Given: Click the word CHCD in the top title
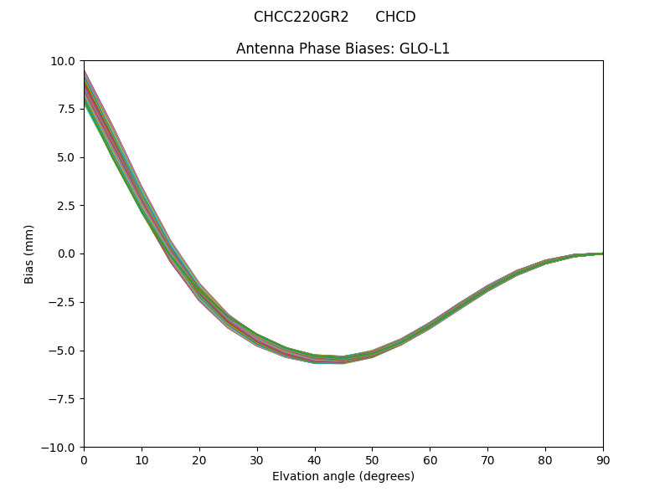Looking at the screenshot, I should coord(395,17).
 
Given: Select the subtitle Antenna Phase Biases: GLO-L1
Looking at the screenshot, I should coord(343,49).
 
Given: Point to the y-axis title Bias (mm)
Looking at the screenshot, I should coord(29,254).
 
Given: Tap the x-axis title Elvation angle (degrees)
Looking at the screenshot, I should coord(343,476).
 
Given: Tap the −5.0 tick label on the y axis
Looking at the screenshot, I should coord(63,351).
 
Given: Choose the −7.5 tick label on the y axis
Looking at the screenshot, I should coord(63,399).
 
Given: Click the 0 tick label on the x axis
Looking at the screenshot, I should coord(84,459).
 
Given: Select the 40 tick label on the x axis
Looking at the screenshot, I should coord(314,459).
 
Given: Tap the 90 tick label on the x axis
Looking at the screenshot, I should coord(602,459).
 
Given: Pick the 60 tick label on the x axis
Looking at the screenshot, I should coord(430,459).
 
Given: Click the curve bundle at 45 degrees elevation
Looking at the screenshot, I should coord(343,360).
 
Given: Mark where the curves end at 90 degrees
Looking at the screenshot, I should coord(601,254).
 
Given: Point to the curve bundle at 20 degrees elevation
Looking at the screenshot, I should coord(199,290).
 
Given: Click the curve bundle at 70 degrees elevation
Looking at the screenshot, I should coord(487,289).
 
